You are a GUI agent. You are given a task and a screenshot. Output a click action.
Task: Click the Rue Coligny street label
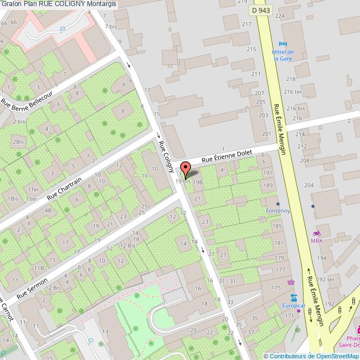coord(166,156)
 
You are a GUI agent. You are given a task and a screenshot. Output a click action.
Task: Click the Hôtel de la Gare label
coord(282,55)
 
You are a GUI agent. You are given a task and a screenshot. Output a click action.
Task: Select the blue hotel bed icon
coord(283,44)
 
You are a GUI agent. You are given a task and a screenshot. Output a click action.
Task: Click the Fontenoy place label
coord(278,211)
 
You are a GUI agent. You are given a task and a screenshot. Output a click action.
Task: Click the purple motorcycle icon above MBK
coord(317,233)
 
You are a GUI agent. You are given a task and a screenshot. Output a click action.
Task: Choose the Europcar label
coord(294,305)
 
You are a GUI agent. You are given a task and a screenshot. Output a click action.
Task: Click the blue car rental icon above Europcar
coord(295,297)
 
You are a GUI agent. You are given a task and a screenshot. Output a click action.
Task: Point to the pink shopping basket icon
coord(291,282)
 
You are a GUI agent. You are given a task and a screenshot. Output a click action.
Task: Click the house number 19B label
coord(198,181)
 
